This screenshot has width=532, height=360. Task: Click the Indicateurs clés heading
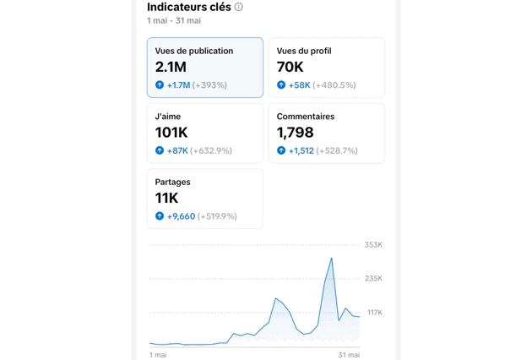tap(188, 7)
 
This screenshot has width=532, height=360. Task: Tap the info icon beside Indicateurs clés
tap(239, 7)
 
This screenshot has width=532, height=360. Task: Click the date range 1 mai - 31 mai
tap(174, 20)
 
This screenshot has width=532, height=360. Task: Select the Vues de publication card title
tap(194, 51)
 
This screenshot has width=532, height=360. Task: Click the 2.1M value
tap(171, 67)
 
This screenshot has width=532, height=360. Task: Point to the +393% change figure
tap(210, 85)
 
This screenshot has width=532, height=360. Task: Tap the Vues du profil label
tap(304, 51)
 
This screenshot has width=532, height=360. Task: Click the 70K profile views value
tap(290, 67)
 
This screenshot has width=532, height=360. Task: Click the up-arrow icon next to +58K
tap(281, 85)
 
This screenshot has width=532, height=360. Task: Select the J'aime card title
tap(168, 117)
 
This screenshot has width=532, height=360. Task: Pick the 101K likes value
tap(171, 133)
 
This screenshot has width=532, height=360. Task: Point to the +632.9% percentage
tap(211, 151)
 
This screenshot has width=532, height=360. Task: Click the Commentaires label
tap(306, 117)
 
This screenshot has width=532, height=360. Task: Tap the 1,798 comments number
tap(296, 133)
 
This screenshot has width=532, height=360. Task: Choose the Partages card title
tap(173, 182)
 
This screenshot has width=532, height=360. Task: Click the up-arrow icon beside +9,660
tap(160, 216)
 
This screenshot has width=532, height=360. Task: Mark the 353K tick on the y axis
tap(373, 245)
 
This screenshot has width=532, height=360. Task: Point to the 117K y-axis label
tap(374, 313)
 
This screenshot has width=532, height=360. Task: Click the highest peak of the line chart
tap(332, 259)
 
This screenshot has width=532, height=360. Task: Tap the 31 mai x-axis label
tap(349, 355)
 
